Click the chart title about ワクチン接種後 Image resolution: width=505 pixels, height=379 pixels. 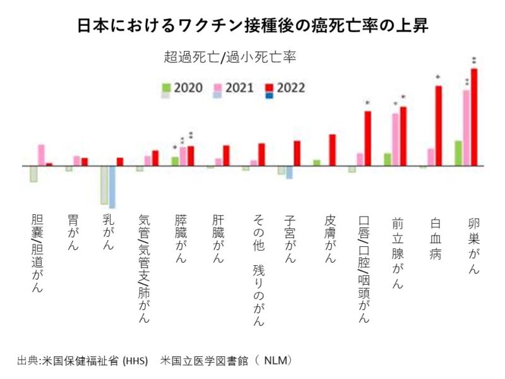252,25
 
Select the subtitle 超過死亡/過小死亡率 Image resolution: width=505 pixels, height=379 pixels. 230,57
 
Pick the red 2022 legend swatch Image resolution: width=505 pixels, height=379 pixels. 270,87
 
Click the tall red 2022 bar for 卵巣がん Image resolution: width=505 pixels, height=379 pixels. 474,117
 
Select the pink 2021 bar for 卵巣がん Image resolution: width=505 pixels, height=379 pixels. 466,128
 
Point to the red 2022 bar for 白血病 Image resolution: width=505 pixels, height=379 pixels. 438,126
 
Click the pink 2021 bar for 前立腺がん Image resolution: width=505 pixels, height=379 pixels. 396,140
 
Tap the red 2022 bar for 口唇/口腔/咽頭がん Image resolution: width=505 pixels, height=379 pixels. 367,138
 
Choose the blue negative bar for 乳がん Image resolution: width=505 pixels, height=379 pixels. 112,186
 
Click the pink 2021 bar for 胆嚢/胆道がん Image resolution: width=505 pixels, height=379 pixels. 41,155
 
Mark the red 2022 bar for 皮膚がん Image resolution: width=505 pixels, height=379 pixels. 332,150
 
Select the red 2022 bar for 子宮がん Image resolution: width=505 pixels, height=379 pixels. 297,153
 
